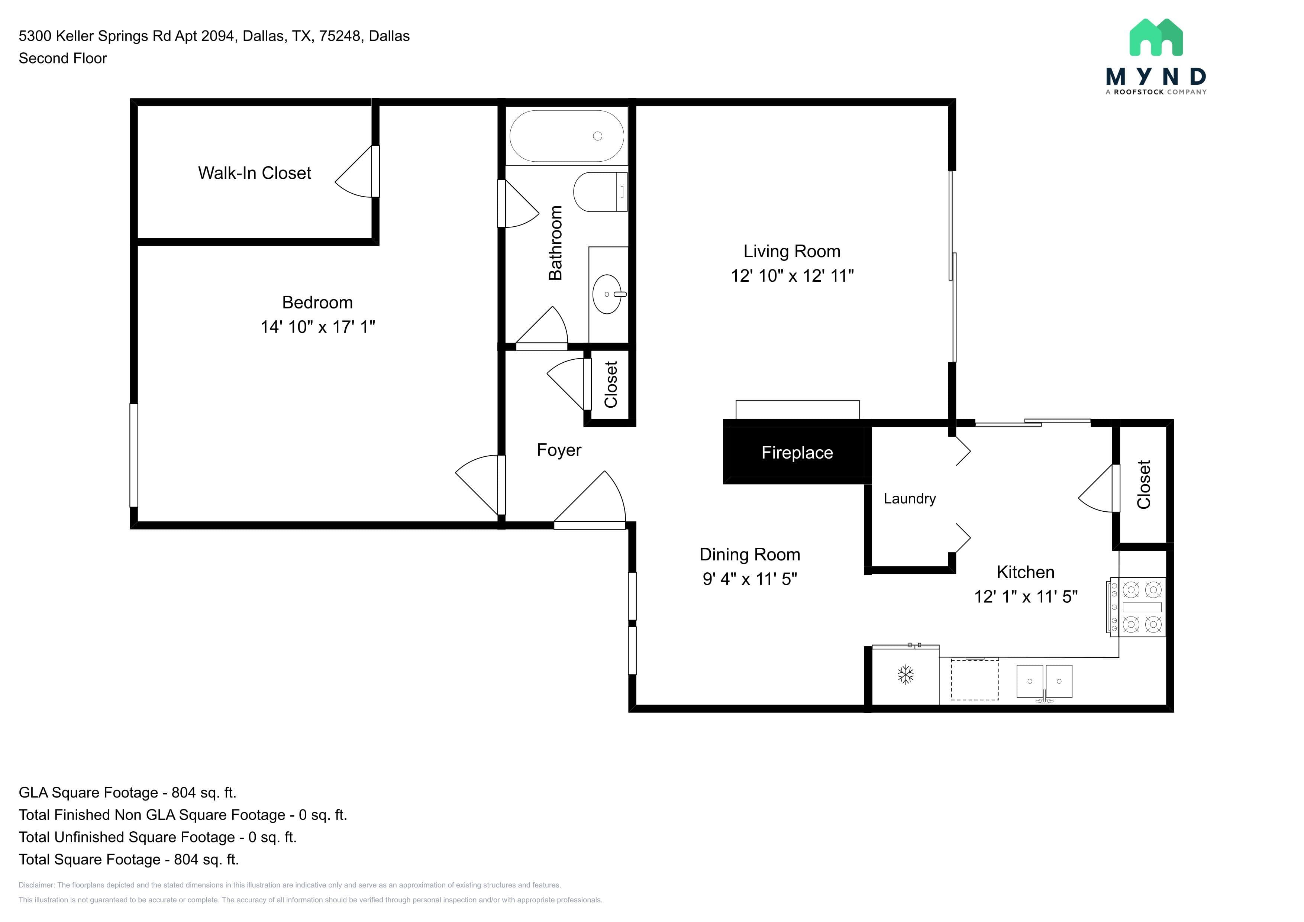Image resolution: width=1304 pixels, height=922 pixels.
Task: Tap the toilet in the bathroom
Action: (600, 192)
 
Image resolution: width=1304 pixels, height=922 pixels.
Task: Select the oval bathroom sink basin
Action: (607, 294)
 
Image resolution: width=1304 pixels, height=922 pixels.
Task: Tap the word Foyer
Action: (559, 450)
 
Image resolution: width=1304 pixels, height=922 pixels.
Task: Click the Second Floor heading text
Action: (63, 58)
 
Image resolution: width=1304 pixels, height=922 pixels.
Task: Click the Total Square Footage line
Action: (129, 860)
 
